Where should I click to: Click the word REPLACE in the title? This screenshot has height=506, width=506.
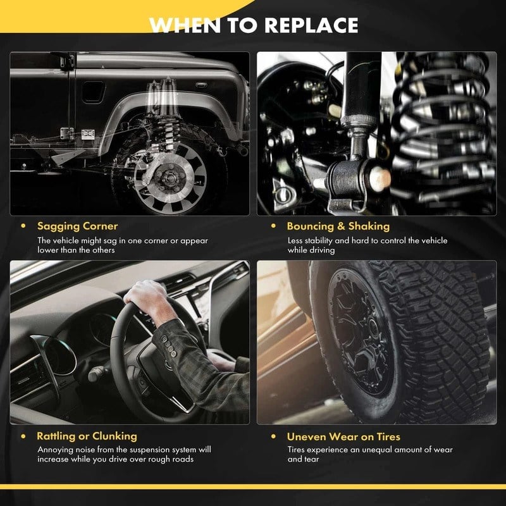coord(311,25)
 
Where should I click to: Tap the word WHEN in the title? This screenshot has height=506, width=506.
coord(185,25)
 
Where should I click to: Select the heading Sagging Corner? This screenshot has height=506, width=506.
coord(77,226)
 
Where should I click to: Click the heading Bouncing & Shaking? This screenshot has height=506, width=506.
coord(338,226)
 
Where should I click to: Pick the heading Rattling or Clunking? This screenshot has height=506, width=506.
coord(87,436)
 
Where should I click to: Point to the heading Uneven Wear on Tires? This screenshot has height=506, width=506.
coord(343,436)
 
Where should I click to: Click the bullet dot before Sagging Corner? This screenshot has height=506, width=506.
coord(23,226)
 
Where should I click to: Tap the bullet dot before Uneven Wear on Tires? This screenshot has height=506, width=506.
coord(274,436)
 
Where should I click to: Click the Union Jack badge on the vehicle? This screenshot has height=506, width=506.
coord(88,134)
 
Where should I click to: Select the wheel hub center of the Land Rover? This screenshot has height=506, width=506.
coord(169,177)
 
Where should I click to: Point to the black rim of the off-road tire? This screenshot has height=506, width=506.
coord(361,333)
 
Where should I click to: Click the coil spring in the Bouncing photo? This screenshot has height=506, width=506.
coord(444,129)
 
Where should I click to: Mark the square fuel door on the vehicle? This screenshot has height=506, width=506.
coord(93,92)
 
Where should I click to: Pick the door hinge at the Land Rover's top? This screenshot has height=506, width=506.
coord(67,61)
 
